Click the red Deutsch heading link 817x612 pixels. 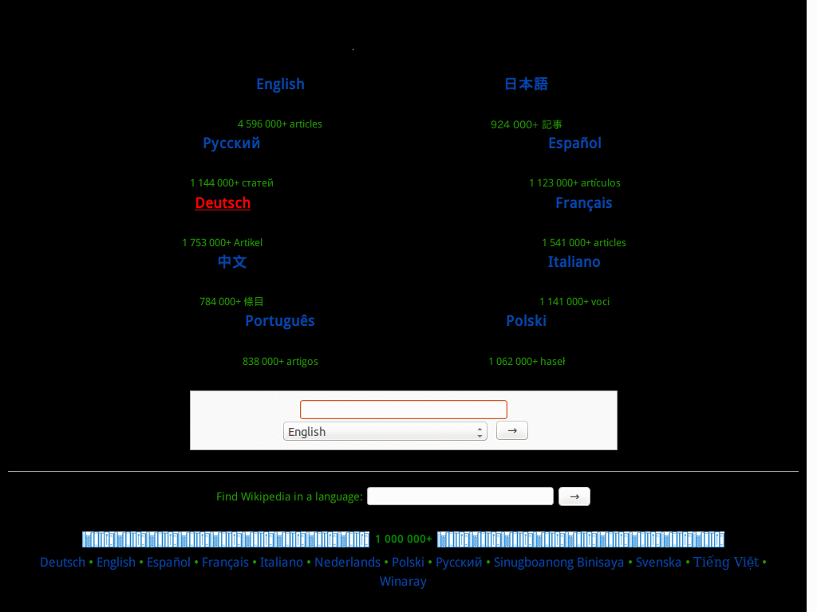[223, 202]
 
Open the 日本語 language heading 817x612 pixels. [526, 84]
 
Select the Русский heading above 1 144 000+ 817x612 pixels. [231, 143]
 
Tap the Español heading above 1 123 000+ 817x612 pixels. [574, 143]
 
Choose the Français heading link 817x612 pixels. [583, 203]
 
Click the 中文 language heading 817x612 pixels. [232, 261]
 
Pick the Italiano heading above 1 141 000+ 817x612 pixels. [574, 261]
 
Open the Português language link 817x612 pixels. [280, 321]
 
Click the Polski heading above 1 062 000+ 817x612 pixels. [527, 320]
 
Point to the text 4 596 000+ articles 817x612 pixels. [280, 124]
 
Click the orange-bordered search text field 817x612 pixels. [403, 410]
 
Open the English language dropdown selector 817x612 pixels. [385, 431]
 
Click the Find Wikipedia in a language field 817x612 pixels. [460, 496]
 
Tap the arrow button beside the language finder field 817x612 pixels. [574, 496]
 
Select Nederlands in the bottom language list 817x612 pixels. [347, 563]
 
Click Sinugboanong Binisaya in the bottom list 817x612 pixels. [558, 563]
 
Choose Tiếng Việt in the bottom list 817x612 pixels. [726, 562]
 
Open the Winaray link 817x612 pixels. [403, 582]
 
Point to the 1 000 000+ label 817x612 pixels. [403, 539]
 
